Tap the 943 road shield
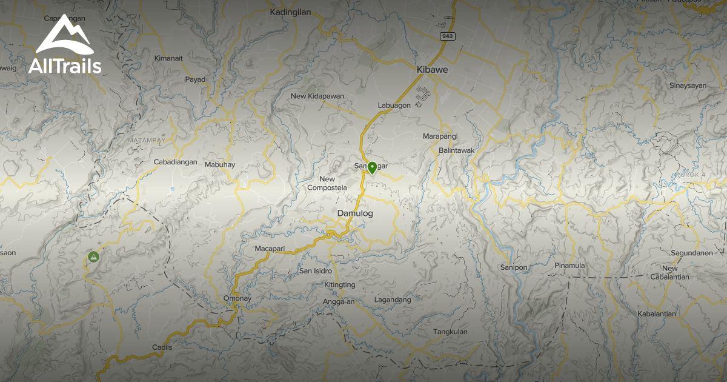(x=448, y=36)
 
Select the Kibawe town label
(x=432, y=70)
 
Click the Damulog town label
(x=355, y=213)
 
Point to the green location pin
(x=372, y=167)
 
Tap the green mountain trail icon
(x=93, y=258)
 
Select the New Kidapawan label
(x=317, y=96)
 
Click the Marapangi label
(x=440, y=136)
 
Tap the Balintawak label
(x=456, y=150)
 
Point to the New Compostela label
(x=327, y=183)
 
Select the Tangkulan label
(x=450, y=332)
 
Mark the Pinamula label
(x=569, y=266)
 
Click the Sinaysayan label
(x=688, y=85)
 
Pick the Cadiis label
(x=162, y=347)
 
